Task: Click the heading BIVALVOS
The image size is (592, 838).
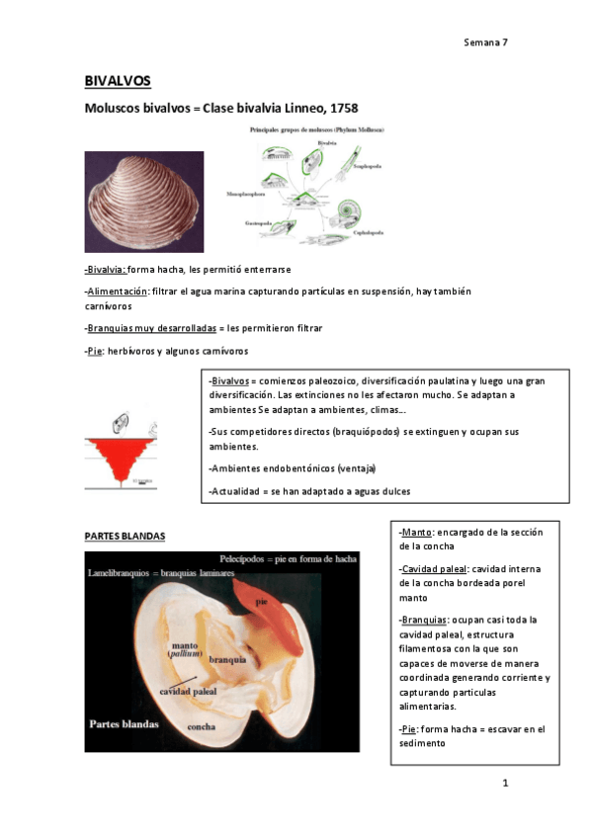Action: pos(117,81)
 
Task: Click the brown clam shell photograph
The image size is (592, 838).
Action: pos(144,202)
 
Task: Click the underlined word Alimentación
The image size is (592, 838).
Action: pos(118,292)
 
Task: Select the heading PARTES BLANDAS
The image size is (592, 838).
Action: pos(125,537)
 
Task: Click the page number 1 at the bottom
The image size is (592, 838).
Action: pos(505,784)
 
